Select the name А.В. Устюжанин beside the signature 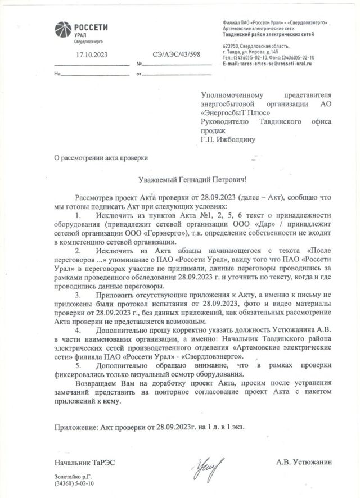coord(304,461)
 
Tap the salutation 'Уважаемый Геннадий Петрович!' coord(192,180)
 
